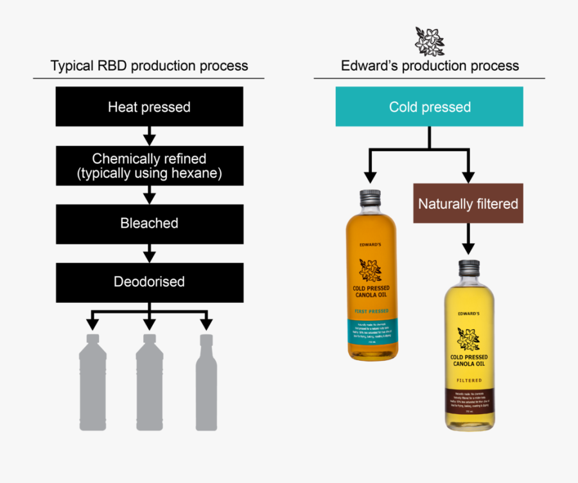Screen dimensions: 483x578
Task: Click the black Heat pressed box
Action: point(149,107)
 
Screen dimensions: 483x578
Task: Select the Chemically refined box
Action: point(149,165)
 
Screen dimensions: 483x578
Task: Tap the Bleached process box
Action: point(149,223)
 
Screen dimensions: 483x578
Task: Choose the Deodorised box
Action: point(149,282)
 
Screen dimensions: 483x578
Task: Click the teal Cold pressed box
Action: point(430,107)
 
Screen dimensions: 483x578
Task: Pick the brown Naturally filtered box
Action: point(468,204)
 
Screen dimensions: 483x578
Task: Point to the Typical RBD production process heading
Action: point(149,66)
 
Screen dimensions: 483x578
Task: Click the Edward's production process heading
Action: point(430,66)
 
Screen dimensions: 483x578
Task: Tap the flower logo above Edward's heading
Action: point(428,41)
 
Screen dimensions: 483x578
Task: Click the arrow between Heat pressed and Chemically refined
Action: point(149,136)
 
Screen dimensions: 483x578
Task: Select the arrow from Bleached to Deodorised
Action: point(149,253)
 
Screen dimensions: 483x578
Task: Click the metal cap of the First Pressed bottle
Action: point(371,198)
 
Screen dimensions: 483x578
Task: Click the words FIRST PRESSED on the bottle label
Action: point(371,311)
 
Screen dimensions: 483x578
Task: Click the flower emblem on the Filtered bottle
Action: point(468,338)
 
